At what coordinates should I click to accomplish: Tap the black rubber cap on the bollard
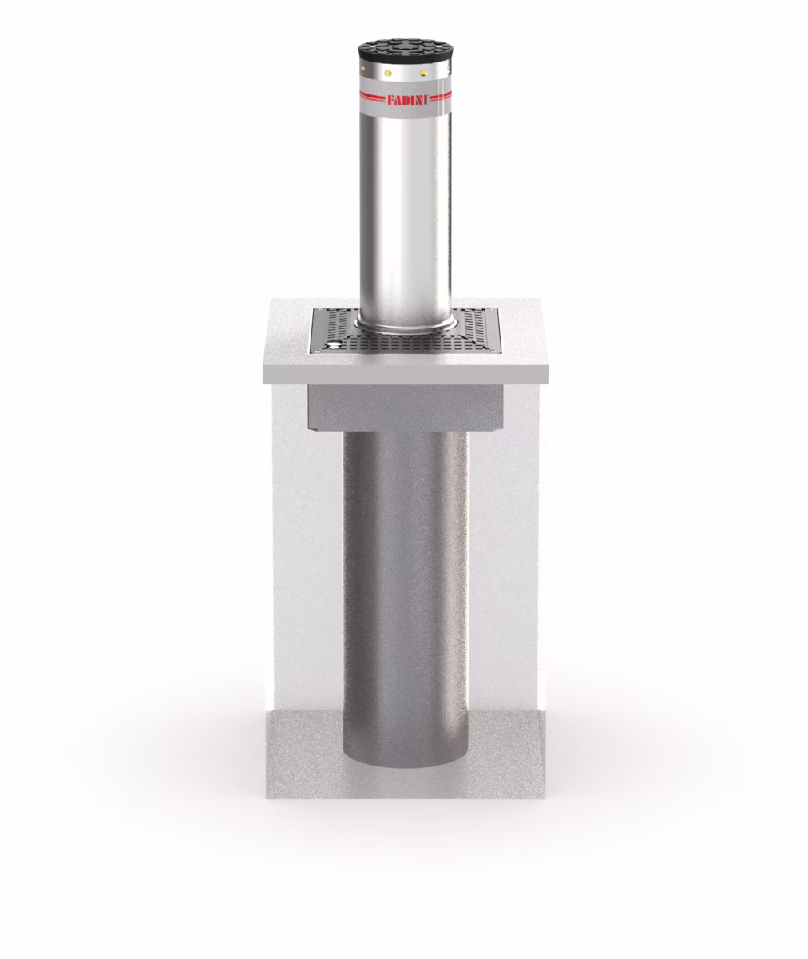pos(404,51)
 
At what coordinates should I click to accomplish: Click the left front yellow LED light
pos(388,73)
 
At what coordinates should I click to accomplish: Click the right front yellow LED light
pos(423,74)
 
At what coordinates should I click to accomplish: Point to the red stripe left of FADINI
pos(373,97)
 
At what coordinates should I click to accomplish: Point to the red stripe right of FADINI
pos(441,97)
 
